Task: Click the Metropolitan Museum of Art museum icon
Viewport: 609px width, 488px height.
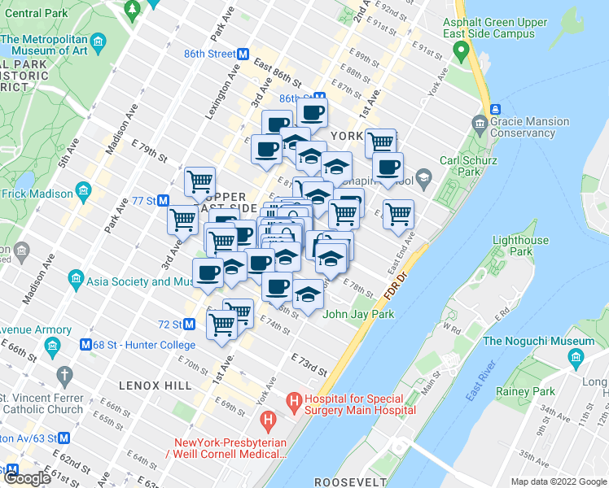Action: coord(98,41)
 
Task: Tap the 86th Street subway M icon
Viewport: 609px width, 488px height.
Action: coord(243,54)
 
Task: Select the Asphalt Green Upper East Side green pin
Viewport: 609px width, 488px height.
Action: coord(462,54)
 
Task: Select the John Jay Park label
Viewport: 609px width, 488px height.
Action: coord(358,314)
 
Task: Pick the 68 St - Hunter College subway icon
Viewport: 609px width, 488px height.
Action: coord(85,345)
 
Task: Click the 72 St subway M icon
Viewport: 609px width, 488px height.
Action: coord(189,324)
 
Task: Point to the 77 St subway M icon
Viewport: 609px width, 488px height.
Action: coord(163,200)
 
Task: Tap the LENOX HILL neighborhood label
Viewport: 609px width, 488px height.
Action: coord(155,385)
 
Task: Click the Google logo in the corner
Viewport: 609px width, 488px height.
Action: coord(28,478)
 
